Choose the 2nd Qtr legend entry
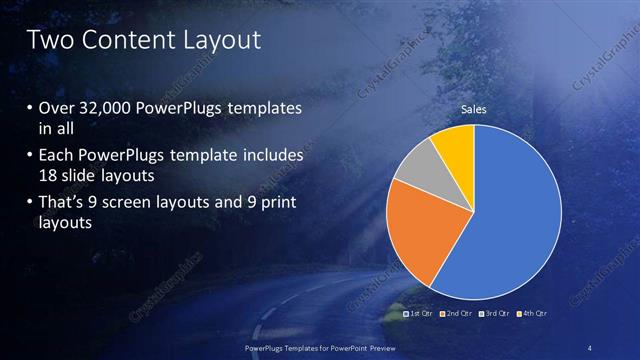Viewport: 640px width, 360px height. point(457,313)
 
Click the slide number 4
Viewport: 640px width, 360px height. point(591,347)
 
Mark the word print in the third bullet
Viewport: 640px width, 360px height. point(277,203)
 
